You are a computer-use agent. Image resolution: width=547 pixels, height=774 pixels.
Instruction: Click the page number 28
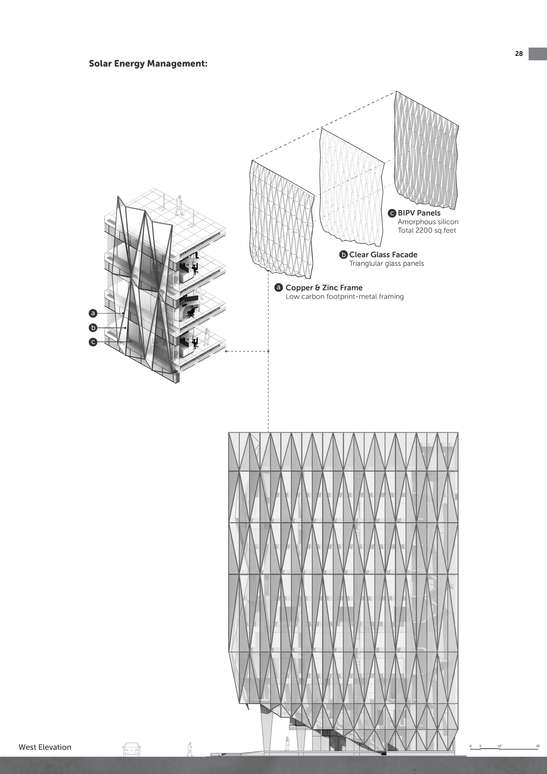pyautogui.click(x=519, y=54)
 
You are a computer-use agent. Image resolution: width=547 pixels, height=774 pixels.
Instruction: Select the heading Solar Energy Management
pyautogui.click(x=148, y=63)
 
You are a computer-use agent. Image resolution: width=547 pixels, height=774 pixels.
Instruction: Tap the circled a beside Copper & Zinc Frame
pyautogui.click(x=278, y=288)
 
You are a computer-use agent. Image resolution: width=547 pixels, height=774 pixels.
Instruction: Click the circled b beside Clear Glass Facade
pyautogui.click(x=343, y=255)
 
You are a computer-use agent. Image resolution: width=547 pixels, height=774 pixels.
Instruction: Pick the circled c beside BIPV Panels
pyautogui.click(x=392, y=213)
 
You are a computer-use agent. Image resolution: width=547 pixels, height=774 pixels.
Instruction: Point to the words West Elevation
pyautogui.click(x=45, y=747)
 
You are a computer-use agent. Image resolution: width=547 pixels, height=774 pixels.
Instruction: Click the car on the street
pyautogui.click(x=131, y=749)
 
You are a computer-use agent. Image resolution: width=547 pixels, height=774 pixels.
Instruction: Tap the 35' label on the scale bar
pyautogui.click(x=538, y=746)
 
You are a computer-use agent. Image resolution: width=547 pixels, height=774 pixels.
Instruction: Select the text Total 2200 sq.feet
pyautogui.click(x=427, y=230)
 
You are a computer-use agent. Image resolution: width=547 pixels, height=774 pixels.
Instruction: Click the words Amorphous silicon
pyautogui.click(x=428, y=222)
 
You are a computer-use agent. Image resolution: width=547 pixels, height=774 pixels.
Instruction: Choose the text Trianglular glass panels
pyautogui.click(x=386, y=263)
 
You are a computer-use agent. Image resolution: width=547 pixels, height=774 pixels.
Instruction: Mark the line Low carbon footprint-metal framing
pyautogui.click(x=345, y=296)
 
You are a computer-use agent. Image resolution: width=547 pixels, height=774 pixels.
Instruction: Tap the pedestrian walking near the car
pyautogui.click(x=190, y=749)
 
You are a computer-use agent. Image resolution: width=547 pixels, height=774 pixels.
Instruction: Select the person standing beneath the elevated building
pyautogui.click(x=287, y=743)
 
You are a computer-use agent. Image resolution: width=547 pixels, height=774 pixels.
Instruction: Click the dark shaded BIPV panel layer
pyautogui.click(x=426, y=148)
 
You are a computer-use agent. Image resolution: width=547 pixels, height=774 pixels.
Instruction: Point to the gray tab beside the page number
pyautogui.click(x=538, y=54)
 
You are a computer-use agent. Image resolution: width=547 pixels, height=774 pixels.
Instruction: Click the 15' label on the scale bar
pyautogui.click(x=500, y=746)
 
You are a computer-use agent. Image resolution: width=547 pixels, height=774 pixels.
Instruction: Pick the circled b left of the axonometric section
pyautogui.click(x=93, y=327)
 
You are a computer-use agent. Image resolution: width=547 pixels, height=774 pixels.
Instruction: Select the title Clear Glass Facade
pyautogui.click(x=383, y=255)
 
